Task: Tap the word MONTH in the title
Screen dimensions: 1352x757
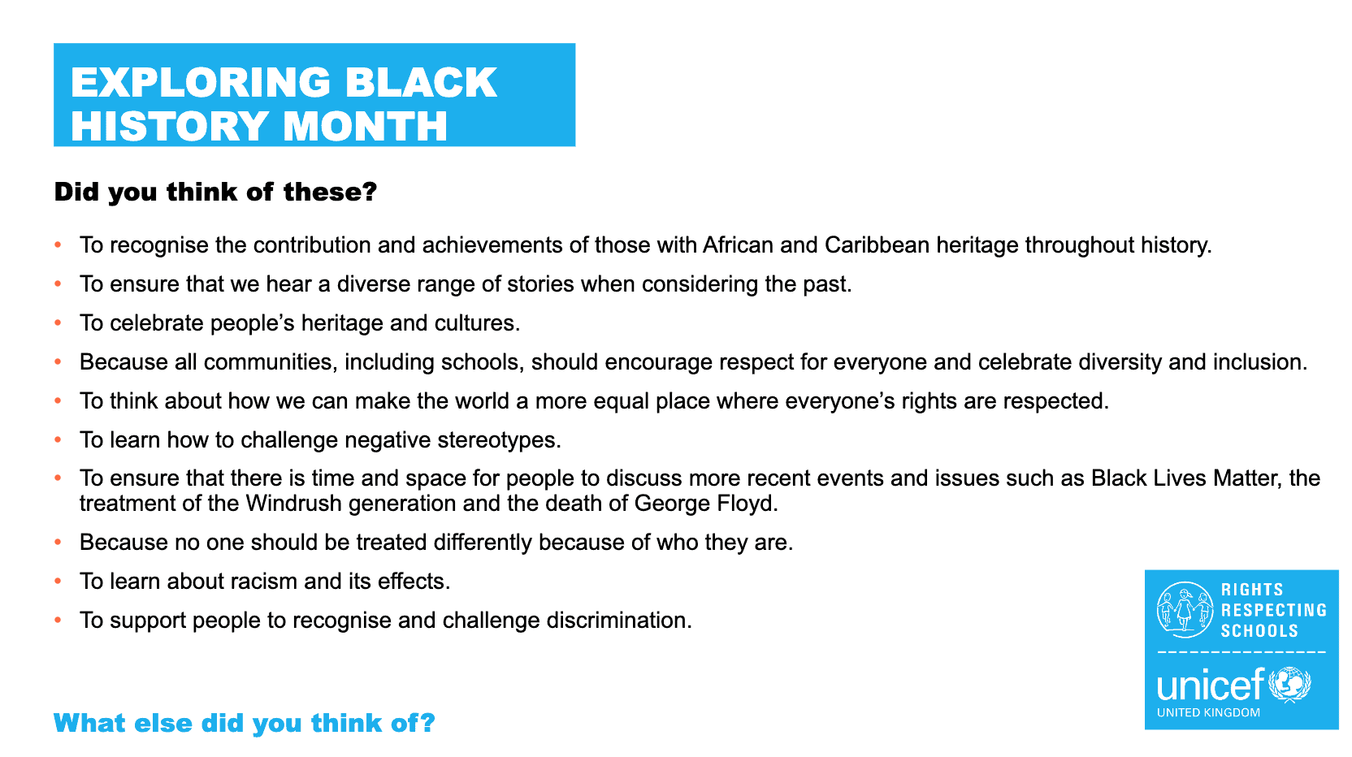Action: pyautogui.click(x=365, y=127)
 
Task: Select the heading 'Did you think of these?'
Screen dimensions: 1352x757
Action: pyautogui.click(x=215, y=192)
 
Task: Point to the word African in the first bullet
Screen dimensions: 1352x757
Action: pyautogui.click(x=738, y=245)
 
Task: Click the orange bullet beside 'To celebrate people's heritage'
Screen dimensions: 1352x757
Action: pyautogui.click(x=58, y=323)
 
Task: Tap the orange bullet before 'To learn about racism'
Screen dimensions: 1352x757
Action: pyautogui.click(x=58, y=582)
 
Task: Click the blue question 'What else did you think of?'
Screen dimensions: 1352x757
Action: pyautogui.click(x=245, y=723)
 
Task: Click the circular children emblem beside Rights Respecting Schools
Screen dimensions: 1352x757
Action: pyautogui.click(x=1185, y=610)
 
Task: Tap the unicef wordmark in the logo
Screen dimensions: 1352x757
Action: pyautogui.click(x=1210, y=686)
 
